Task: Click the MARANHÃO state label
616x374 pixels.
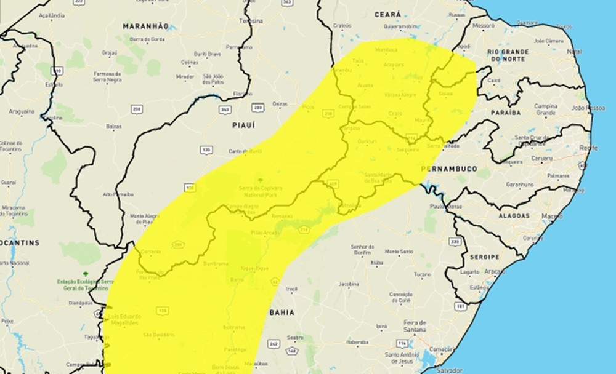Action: point(145,26)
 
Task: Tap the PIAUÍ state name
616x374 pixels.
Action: point(243,125)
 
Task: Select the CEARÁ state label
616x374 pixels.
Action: point(387,14)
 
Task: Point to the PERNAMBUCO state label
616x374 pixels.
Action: point(449,168)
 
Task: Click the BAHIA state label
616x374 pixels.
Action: point(281,312)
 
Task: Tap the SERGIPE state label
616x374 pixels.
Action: point(484,257)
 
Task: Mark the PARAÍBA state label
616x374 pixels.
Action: point(505,113)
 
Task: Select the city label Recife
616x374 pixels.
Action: point(588,148)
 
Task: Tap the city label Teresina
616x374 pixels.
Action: point(251,20)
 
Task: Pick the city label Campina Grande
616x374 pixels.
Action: point(545,109)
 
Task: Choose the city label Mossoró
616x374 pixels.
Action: point(485,26)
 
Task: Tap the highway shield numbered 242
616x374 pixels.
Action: point(274,343)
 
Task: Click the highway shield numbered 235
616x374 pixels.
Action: point(455,242)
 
